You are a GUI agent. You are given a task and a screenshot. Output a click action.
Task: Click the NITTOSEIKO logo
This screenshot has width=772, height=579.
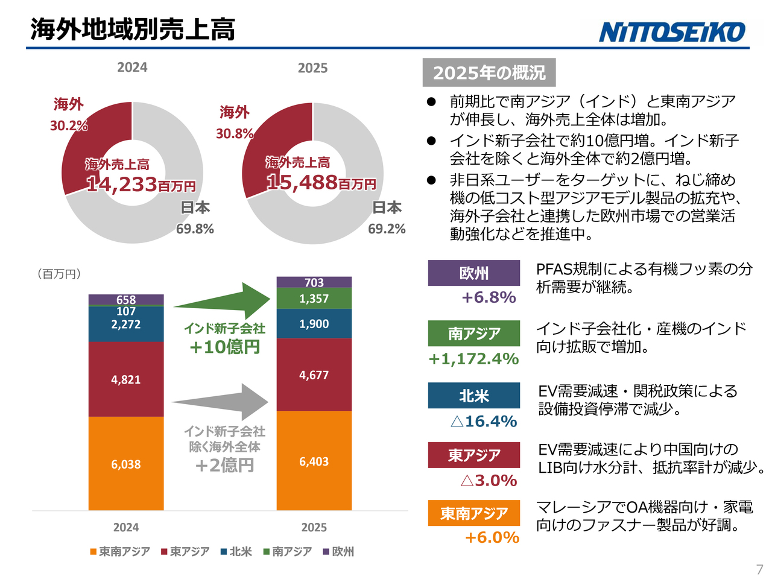(x=672, y=32)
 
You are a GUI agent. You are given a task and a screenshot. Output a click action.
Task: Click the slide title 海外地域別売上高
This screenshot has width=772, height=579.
(x=133, y=29)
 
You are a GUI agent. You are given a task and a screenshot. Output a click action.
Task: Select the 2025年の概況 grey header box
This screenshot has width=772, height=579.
(x=489, y=73)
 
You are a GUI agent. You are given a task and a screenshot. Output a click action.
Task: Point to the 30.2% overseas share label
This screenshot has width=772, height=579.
(x=69, y=125)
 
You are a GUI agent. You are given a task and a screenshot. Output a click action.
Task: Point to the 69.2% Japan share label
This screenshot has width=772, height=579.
(x=387, y=229)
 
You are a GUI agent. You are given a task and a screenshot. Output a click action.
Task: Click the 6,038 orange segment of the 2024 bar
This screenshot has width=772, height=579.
(x=126, y=464)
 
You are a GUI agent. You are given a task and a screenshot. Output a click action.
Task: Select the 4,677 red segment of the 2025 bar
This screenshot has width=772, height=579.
(x=314, y=375)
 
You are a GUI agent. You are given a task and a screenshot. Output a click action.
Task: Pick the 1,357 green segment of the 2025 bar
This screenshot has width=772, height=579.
(x=314, y=299)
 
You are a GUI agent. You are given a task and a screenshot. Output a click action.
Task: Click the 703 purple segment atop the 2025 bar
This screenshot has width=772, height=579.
(x=314, y=282)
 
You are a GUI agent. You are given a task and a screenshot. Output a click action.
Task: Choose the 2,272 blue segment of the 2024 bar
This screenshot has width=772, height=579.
(x=126, y=324)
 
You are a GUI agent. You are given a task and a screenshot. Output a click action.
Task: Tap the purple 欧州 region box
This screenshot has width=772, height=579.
(x=474, y=273)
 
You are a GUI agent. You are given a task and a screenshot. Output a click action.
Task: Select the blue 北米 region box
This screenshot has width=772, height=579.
(x=474, y=396)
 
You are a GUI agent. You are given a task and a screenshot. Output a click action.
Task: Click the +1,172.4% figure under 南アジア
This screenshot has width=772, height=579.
(x=473, y=359)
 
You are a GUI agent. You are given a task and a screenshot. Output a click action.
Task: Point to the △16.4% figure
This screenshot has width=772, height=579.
(x=484, y=421)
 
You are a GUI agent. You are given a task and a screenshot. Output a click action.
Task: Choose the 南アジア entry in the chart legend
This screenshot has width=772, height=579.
(x=288, y=551)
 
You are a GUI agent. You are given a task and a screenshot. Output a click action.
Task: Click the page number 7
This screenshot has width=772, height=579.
(x=759, y=569)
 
